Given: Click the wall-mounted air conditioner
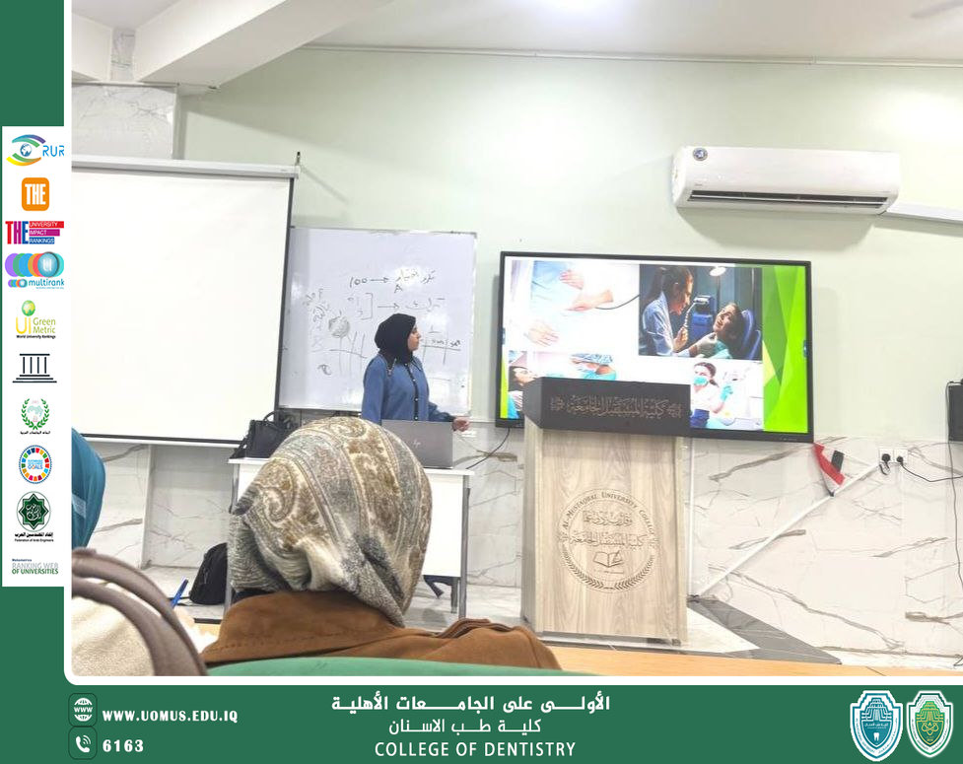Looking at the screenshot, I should [x=786, y=179].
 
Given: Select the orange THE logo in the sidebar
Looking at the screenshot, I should [x=34, y=194].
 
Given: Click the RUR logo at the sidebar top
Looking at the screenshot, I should [x=34, y=150].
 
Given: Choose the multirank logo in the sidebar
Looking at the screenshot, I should [x=34, y=268].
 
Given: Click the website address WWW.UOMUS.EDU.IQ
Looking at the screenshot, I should [x=170, y=716].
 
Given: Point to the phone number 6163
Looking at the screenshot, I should [x=123, y=745].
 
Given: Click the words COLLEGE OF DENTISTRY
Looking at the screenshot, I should [x=474, y=749].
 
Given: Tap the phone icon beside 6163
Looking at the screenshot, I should [x=83, y=744].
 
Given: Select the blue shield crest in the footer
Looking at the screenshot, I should [x=875, y=725].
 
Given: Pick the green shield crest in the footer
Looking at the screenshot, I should [x=929, y=725].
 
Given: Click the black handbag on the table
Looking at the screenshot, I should [x=263, y=435].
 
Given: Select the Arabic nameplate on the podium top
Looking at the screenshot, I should [x=605, y=404].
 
